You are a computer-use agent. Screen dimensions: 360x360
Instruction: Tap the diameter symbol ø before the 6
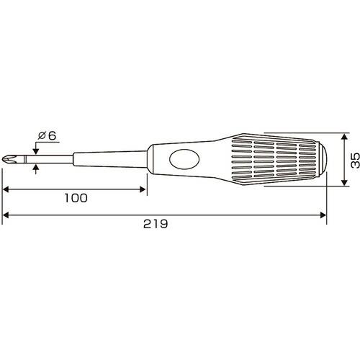click(42, 135)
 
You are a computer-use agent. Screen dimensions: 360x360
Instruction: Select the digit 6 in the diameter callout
click(52, 135)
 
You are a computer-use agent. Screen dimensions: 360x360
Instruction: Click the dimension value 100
click(75, 198)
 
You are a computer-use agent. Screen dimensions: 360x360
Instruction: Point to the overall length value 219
click(156, 223)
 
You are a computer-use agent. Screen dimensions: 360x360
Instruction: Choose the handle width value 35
click(352, 159)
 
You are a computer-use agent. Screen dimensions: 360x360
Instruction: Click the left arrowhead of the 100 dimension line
click(7, 190)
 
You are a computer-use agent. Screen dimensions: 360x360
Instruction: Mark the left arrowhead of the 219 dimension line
click(7, 214)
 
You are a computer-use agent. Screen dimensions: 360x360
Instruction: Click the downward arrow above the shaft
click(37, 148)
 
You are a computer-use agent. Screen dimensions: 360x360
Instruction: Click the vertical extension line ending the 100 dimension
click(146, 180)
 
